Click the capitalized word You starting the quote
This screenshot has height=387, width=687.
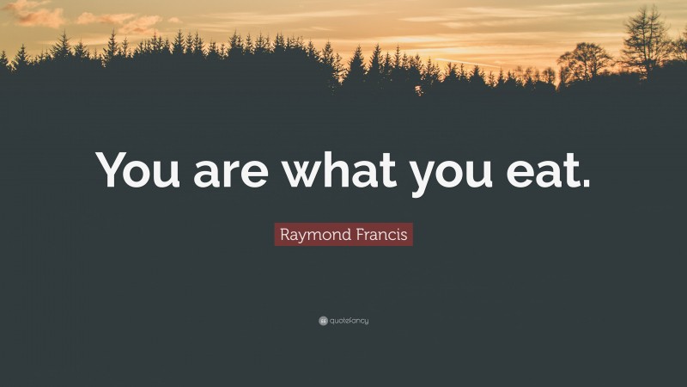(x=141, y=169)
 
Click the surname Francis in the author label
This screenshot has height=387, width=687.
(x=377, y=233)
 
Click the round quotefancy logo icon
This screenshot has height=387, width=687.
(x=323, y=321)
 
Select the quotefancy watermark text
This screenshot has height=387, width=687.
(x=349, y=321)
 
